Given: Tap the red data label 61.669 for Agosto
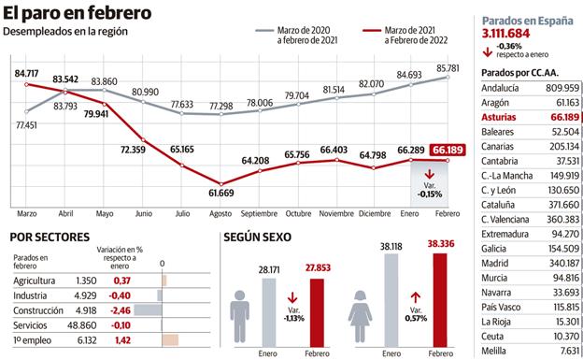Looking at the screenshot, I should pos(220,193).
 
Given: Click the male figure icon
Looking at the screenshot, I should pos(242,310).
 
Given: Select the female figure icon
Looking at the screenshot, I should pos(361,310).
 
